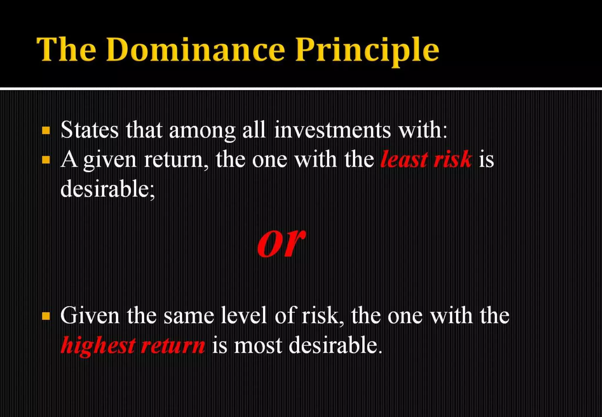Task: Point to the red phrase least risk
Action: (x=426, y=159)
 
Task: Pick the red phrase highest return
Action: (x=133, y=345)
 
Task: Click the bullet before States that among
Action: (x=46, y=130)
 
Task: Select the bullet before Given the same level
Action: (x=46, y=316)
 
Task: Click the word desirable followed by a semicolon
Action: (x=108, y=189)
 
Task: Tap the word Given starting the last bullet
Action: (x=90, y=316)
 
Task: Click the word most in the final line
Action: (x=258, y=346)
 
